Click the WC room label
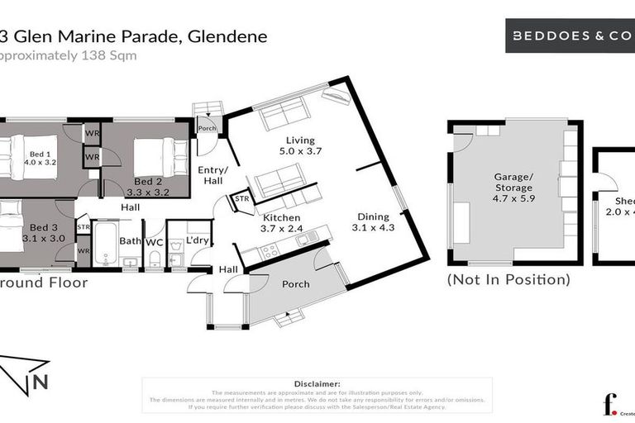tap(155, 241)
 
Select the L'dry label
tap(197, 240)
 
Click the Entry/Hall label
tap(212, 175)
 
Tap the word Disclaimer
tap(317, 384)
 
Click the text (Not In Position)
tap(508, 280)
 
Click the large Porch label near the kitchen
tap(296, 284)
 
